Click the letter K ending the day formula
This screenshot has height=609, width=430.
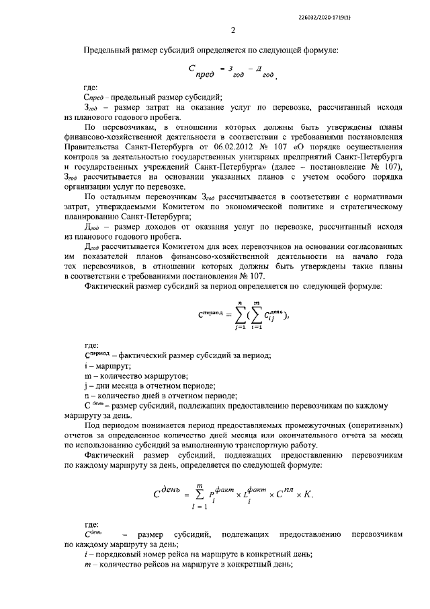pos(308,494)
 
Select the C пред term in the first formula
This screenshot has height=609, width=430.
pos(201,72)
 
